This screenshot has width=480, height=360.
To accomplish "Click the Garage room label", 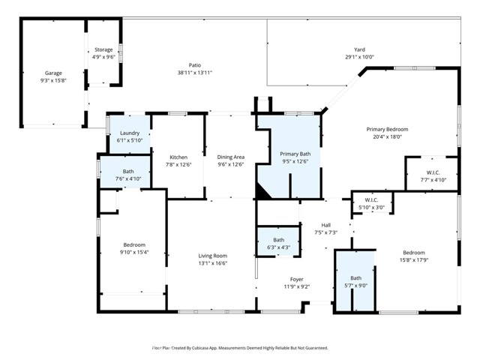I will (52, 73).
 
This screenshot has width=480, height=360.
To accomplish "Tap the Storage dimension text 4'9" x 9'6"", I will (103, 57).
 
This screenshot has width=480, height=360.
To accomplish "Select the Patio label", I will (194, 65).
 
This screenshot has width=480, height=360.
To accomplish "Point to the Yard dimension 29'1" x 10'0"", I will (359, 57).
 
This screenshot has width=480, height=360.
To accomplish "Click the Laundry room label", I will (130, 133).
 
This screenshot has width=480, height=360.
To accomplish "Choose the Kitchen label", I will (178, 157).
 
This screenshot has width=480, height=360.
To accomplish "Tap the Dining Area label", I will (230, 157).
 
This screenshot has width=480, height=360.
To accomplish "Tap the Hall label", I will (325, 224).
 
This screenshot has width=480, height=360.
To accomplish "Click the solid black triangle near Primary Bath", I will (262, 192).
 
